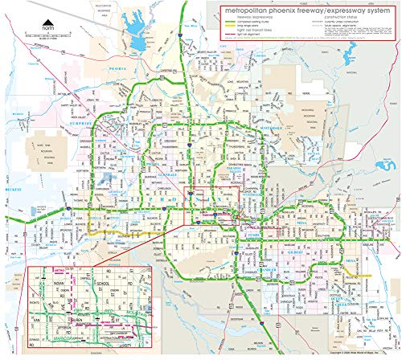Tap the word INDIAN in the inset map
click(x=58, y=283)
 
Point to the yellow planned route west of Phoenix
click(x=113, y=231)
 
